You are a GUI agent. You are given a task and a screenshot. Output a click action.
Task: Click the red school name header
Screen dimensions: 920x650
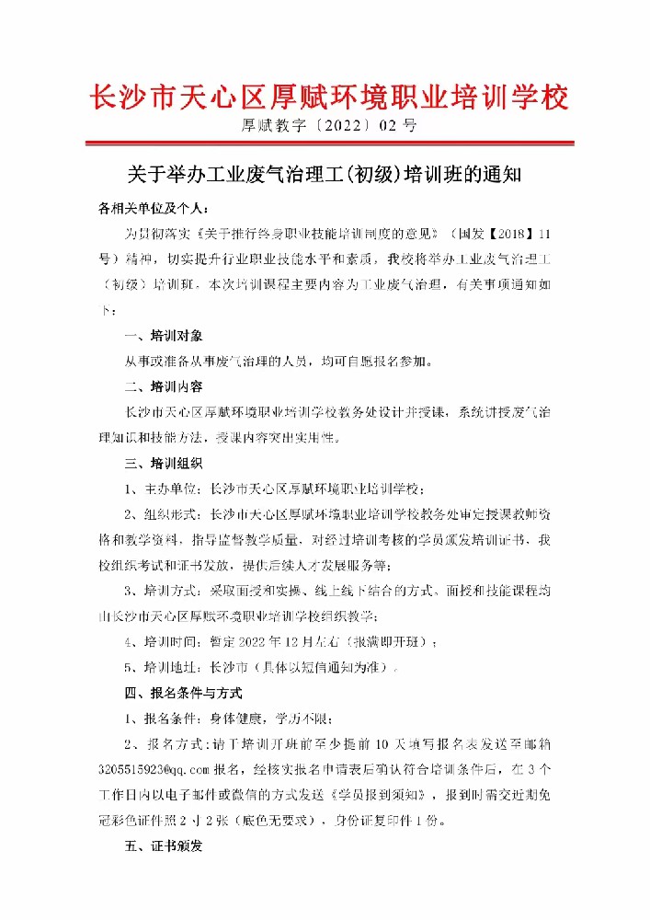[x=327, y=97]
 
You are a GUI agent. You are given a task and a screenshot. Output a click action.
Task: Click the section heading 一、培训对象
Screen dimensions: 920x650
[x=163, y=334]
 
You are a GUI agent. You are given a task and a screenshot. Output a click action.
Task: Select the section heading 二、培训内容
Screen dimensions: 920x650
[x=163, y=385]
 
